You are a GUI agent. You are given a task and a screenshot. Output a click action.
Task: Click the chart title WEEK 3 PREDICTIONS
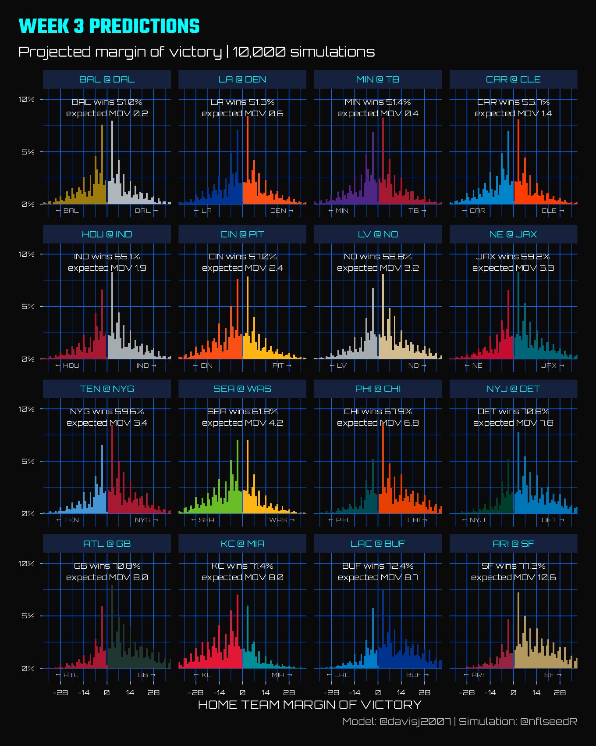(109, 26)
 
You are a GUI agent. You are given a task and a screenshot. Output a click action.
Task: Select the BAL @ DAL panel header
(107, 79)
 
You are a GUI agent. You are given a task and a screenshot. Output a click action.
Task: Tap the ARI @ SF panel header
(513, 544)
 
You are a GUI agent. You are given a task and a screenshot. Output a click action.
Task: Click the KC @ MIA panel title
(242, 544)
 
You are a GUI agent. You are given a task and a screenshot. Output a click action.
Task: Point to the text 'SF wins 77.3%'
(513, 566)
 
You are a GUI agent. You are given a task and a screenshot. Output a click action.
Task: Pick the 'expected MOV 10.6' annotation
(513, 577)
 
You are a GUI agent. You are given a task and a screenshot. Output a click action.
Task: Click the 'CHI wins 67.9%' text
(378, 412)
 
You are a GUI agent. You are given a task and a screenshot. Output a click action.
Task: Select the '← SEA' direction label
(202, 520)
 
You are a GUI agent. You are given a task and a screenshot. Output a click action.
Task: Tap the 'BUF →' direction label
(417, 675)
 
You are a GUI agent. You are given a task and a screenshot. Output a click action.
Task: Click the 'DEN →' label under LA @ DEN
(282, 211)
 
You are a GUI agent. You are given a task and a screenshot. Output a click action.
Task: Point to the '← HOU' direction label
(67, 366)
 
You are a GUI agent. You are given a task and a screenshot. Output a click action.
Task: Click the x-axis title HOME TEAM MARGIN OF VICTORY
(310, 705)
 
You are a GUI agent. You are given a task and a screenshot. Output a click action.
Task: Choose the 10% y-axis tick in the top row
(26, 100)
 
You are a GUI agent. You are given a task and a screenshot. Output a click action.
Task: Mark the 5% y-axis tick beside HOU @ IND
(28, 306)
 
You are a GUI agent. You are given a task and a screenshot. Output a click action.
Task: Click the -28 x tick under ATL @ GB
(60, 692)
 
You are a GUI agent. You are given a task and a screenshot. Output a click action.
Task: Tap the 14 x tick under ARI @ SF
(536, 692)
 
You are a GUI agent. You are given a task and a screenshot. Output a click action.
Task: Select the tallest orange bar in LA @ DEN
(248, 160)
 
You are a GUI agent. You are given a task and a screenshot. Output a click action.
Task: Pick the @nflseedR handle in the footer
(548, 721)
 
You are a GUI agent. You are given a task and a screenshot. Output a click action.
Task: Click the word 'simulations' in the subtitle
(332, 52)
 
